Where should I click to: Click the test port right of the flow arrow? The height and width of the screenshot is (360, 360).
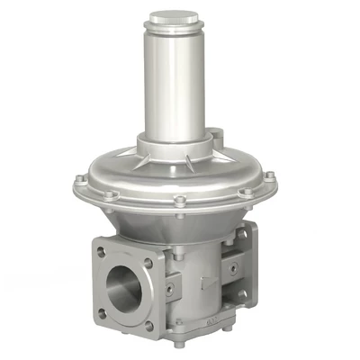pos(233,268)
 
